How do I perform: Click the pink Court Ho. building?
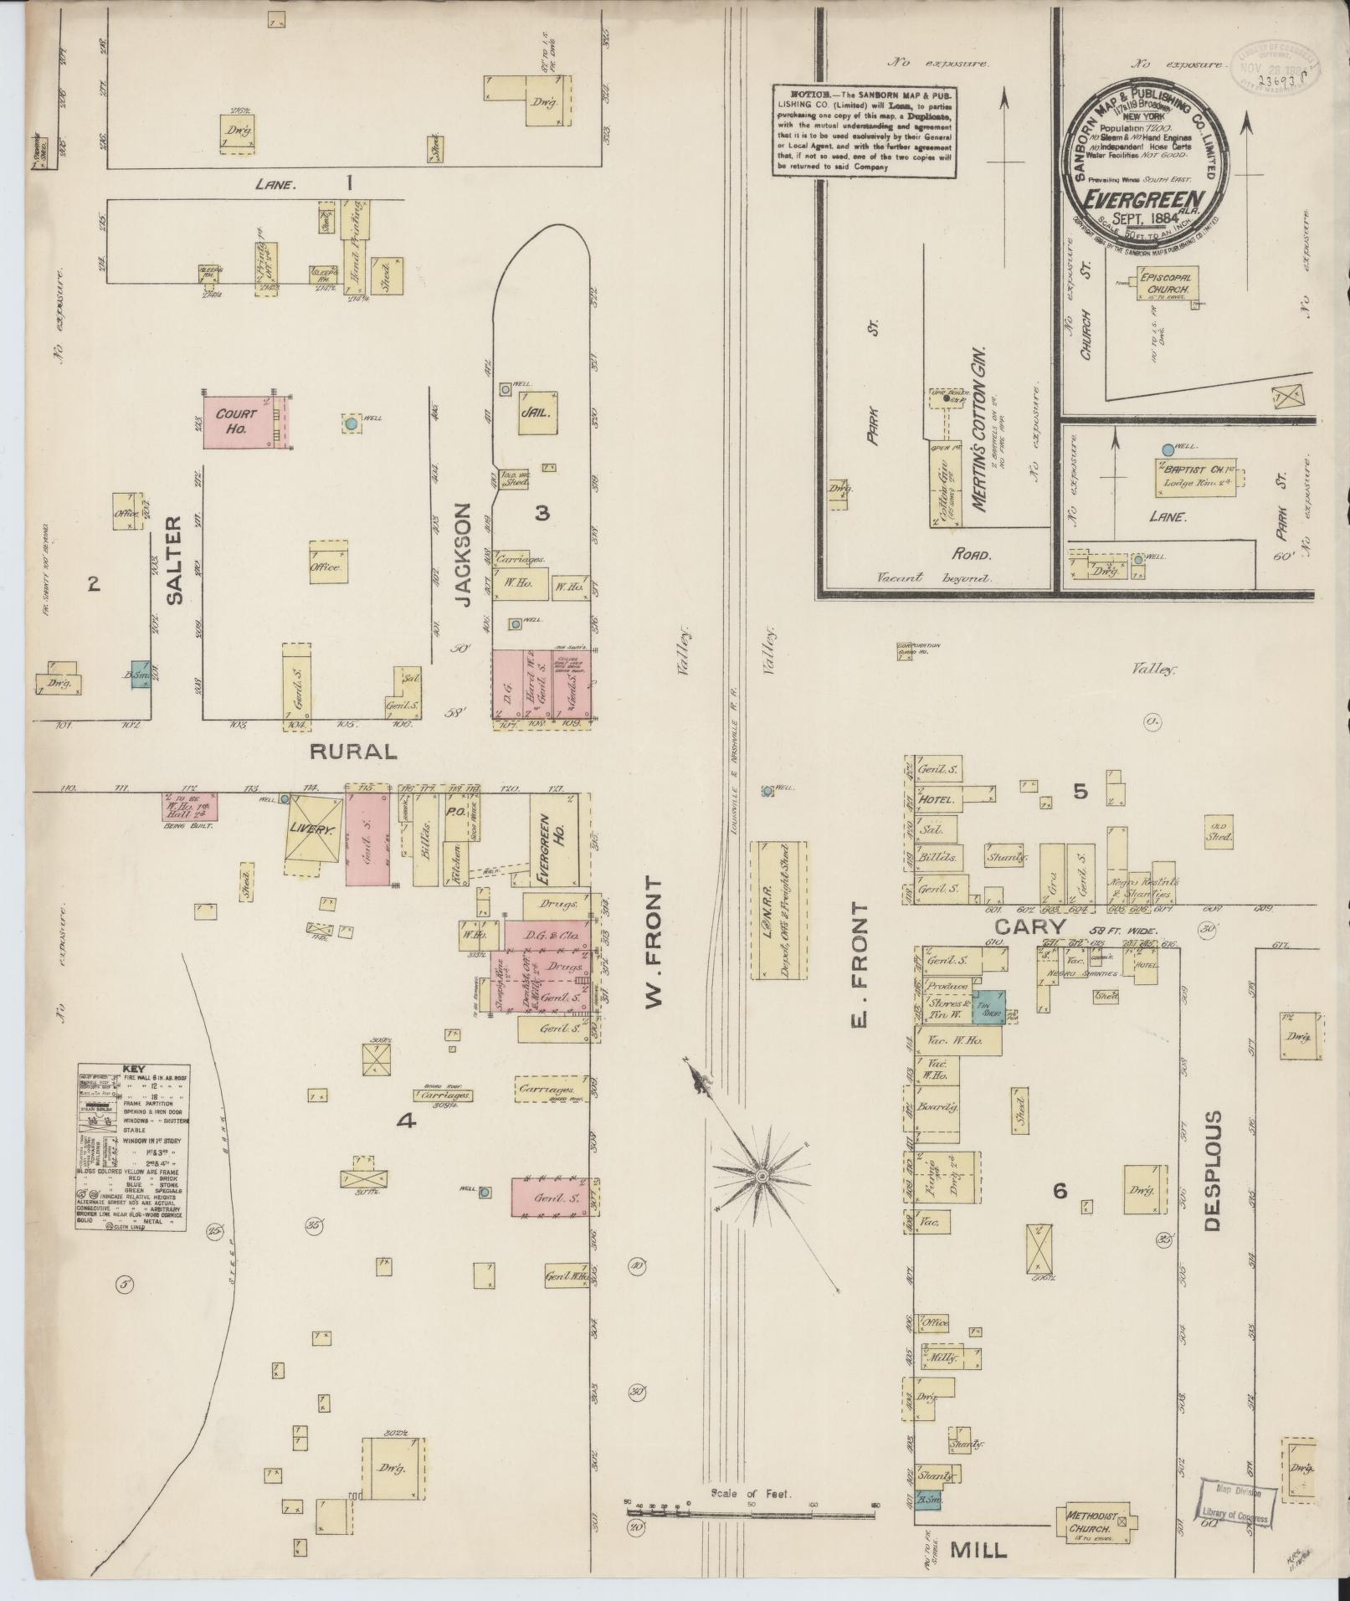click(x=238, y=420)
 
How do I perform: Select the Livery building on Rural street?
click(x=311, y=830)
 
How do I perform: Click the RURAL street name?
click(x=352, y=752)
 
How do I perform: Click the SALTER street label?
click(x=174, y=557)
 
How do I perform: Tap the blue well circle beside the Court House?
click(x=352, y=424)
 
